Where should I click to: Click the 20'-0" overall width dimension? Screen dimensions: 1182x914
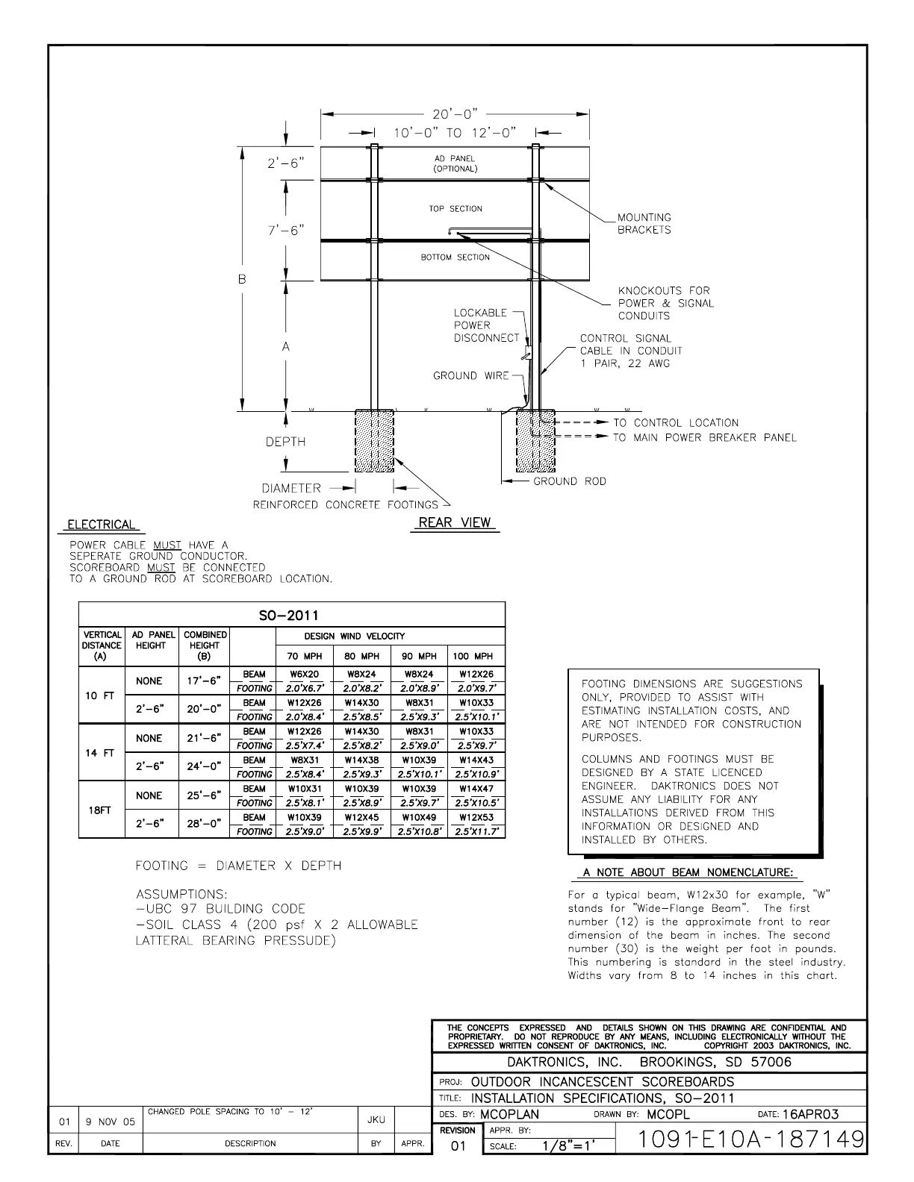click(456, 115)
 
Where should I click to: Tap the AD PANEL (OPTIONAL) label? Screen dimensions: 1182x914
click(455, 163)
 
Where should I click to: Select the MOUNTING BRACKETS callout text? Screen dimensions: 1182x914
click(644, 224)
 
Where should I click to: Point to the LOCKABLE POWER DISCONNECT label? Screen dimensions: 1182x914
click(486, 325)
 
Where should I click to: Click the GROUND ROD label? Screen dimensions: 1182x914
click(569, 481)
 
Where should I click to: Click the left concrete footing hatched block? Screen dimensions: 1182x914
click(373, 440)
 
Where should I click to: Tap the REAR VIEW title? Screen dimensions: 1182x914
click(455, 522)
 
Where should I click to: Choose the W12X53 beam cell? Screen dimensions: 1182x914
click(476, 818)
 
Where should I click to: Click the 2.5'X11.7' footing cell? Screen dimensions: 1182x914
click(476, 831)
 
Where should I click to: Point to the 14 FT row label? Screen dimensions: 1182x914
click(100, 753)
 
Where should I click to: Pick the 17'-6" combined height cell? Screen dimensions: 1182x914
click(204, 681)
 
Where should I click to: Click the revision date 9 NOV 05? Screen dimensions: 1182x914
click(110, 1122)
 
